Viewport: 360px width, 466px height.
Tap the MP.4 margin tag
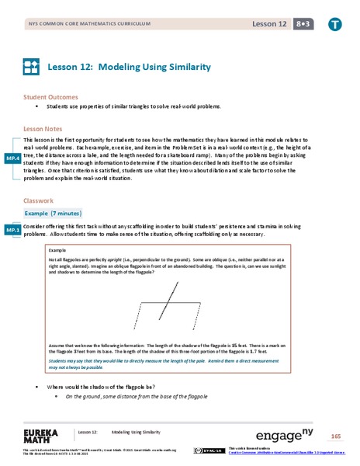point(12,158)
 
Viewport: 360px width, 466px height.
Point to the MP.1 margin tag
point(12,231)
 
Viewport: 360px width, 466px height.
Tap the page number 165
point(335,436)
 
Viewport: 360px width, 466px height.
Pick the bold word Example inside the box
point(57,251)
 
